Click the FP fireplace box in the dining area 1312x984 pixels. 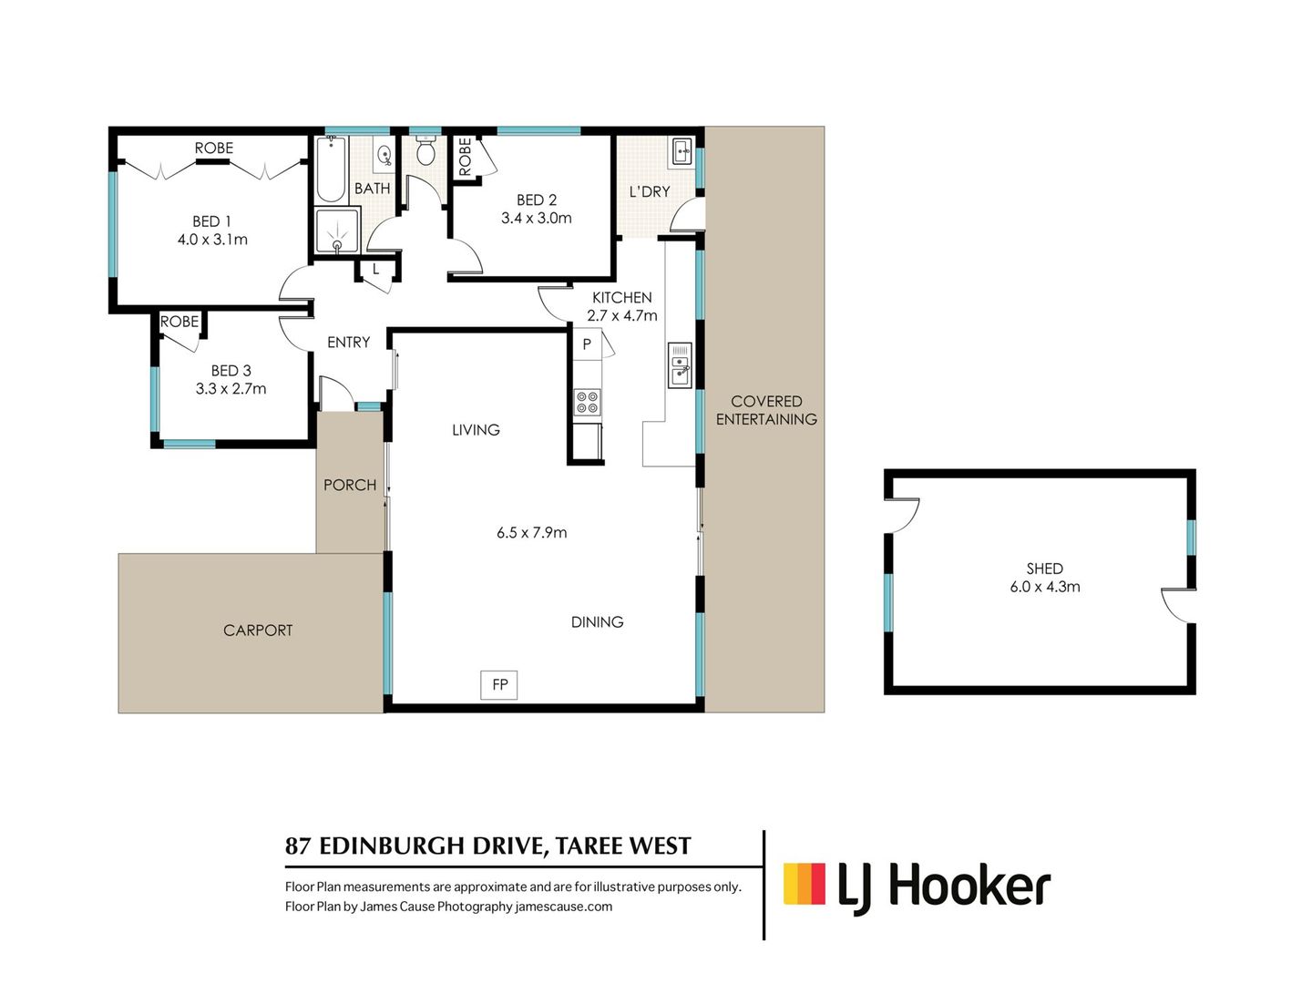[499, 684]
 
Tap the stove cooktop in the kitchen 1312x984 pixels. [587, 402]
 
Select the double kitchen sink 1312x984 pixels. [680, 365]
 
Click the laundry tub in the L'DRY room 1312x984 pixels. [682, 152]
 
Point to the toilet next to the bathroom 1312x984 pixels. [425, 152]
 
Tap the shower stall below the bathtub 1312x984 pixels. [337, 231]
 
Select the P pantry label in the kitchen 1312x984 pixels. [587, 344]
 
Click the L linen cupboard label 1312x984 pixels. [375, 270]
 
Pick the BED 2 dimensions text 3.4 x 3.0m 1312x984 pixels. [536, 219]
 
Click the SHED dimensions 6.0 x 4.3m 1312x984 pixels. [1044, 587]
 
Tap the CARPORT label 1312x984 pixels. [258, 630]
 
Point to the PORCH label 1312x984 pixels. [350, 485]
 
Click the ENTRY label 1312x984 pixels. [348, 343]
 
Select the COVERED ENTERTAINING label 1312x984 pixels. [766, 410]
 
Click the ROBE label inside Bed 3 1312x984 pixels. [179, 322]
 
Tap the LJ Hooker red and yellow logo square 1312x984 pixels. [805, 884]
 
